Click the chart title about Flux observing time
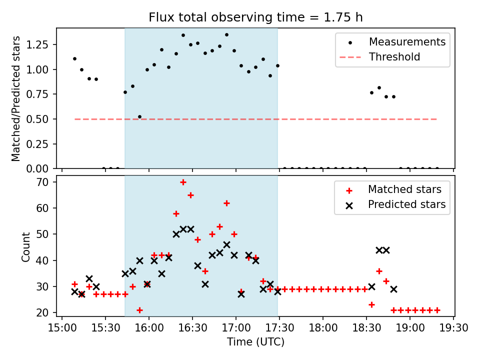[255, 17]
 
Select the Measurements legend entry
[407, 42]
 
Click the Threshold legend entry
[394, 57]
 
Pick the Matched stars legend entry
[404, 189]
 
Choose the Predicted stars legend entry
[406, 204]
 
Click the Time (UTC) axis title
[255, 342]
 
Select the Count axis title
[26, 247]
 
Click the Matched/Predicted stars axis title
[16, 98]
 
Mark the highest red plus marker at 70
[183, 182]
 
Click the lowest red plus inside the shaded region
[139, 310]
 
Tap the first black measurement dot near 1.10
[74, 58]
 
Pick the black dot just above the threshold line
[139, 116]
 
